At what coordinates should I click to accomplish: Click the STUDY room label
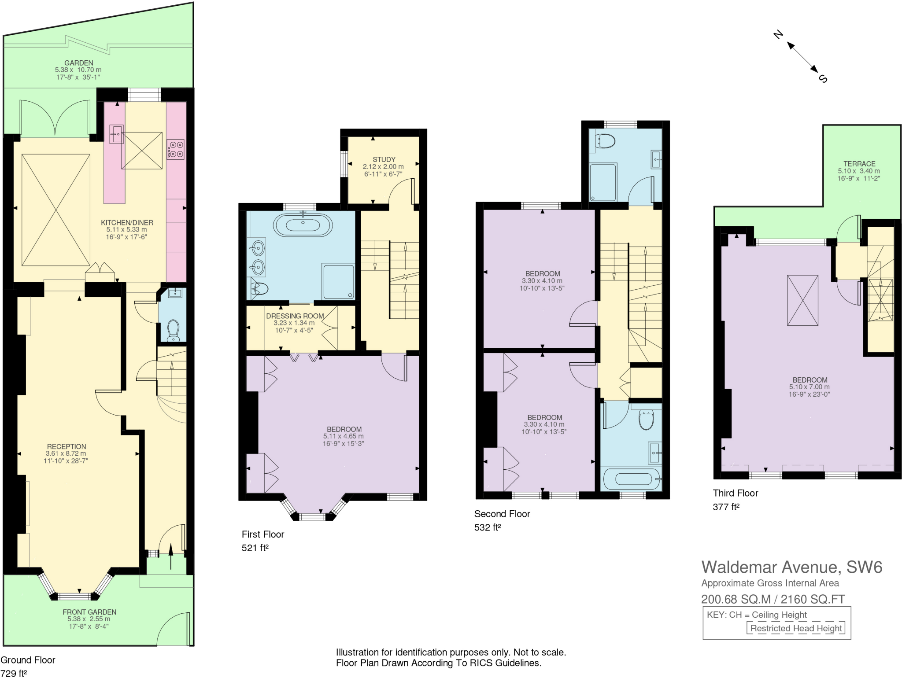pyautogui.click(x=384, y=159)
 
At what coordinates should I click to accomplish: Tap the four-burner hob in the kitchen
pyautogui.click(x=175, y=149)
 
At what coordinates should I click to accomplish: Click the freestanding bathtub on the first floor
pyautogui.click(x=303, y=225)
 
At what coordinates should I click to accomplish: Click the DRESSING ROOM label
pyautogui.click(x=295, y=316)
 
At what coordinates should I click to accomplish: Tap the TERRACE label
pyautogui.click(x=859, y=164)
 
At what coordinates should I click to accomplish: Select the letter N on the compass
pyautogui.click(x=778, y=34)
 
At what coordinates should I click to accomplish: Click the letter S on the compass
pyautogui.click(x=823, y=79)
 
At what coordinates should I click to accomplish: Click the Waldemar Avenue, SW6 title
pyautogui.click(x=791, y=567)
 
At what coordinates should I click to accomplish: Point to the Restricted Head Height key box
pyautogui.click(x=795, y=628)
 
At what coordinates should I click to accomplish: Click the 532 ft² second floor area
pyautogui.click(x=488, y=527)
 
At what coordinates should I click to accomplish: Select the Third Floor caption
pyautogui.click(x=735, y=493)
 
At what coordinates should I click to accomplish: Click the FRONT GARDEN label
pyautogui.click(x=89, y=612)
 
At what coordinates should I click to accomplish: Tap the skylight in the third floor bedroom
pyautogui.click(x=802, y=300)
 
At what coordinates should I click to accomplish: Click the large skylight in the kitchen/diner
pyautogui.click(x=56, y=210)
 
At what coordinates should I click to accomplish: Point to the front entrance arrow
pyautogui.click(x=171, y=556)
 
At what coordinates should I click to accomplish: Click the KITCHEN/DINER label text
pyautogui.click(x=127, y=223)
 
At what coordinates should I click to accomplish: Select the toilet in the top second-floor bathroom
pyautogui.click(x=605, y=141)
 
